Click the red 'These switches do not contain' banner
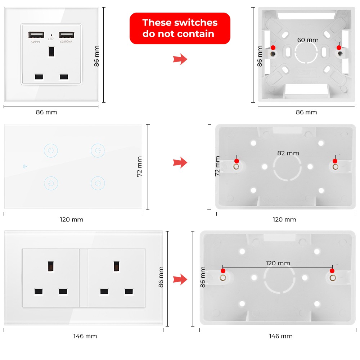180,28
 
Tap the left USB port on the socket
36,35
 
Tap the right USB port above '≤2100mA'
66,35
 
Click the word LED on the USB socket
50,39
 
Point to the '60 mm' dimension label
308,40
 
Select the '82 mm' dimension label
288,153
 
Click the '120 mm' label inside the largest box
278,263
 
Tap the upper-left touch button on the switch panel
51,150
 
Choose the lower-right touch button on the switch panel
98,183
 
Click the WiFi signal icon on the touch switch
25,166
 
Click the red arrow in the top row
180,59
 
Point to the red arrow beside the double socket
180,279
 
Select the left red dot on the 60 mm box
273,48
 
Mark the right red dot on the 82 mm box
335,161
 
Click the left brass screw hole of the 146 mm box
223,278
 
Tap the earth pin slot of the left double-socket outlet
51,266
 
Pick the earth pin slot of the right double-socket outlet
117,266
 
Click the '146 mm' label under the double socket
85,336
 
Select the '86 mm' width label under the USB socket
46,112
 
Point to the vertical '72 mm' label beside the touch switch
139,166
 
